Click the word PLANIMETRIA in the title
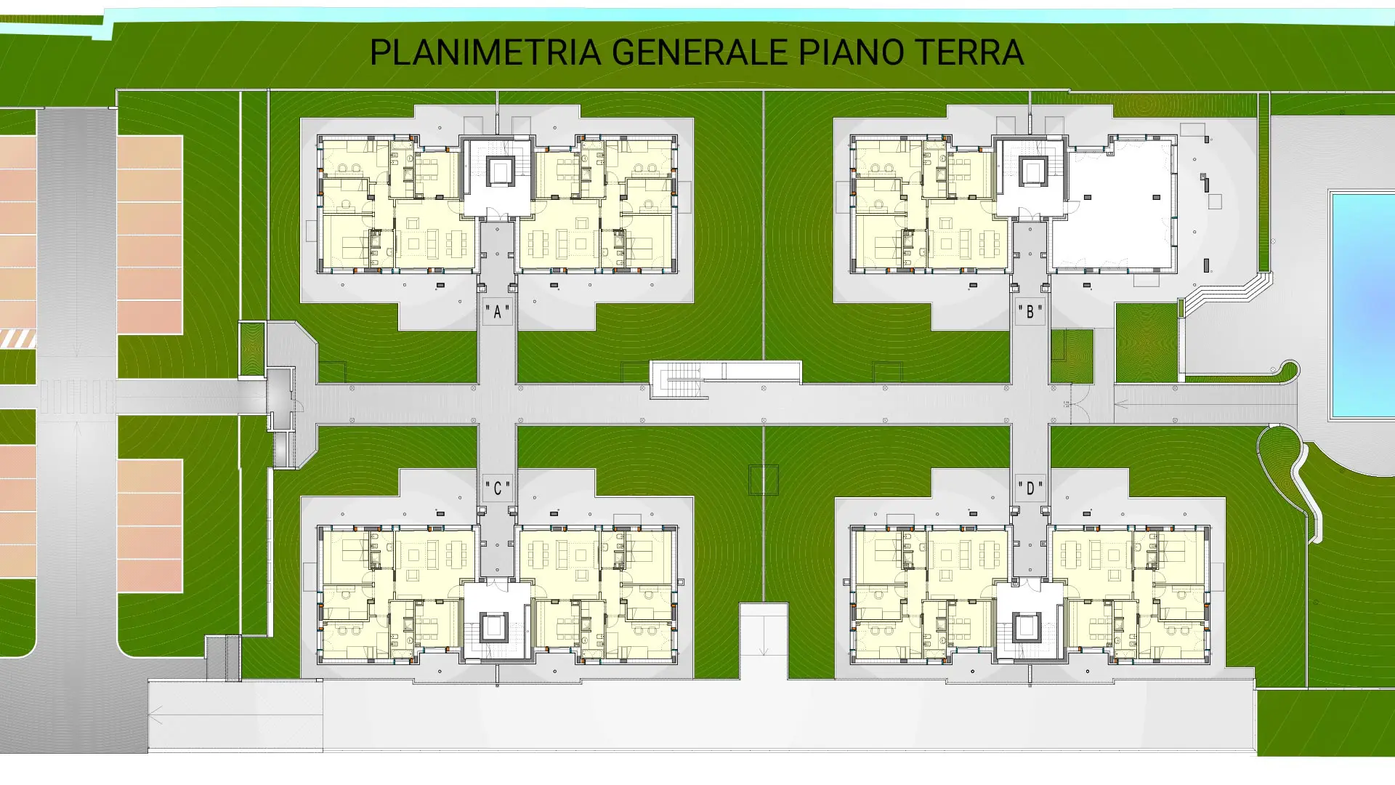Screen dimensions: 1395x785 [485, 52]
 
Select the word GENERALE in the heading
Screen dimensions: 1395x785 [699, 52]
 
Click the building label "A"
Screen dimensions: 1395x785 [498, 313]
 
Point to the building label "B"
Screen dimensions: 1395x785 [1030, 313]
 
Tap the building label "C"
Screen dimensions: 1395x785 [498, 488]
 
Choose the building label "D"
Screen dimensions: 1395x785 [1030, 488]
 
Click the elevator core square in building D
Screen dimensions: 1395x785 [1026, 627]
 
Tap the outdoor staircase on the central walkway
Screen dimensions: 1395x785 [679, 380]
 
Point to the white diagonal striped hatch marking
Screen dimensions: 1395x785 [17, 338]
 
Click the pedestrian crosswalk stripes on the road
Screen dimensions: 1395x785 [76, 397]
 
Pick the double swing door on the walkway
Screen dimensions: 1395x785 [1075, 404]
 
